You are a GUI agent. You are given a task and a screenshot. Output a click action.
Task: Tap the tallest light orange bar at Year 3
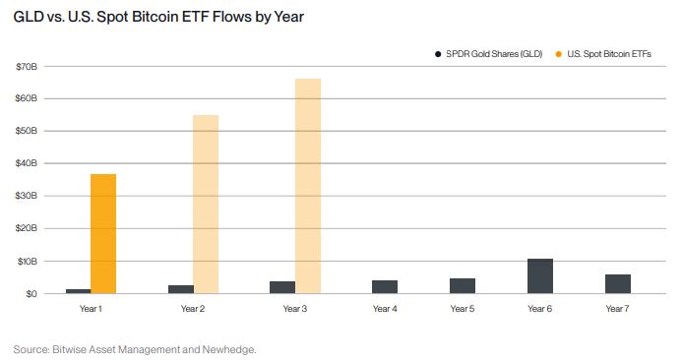(x=308, y=186)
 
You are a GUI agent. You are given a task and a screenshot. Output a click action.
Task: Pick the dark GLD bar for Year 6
(x=540, y=276)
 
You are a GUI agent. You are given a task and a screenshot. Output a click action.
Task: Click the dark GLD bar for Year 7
(x=618, y=284)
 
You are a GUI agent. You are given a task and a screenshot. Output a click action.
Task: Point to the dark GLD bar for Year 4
(x=385, y=287)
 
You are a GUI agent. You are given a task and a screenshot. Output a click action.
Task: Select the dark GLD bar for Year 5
(x=463, y=286)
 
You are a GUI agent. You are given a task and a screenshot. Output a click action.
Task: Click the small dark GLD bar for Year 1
(x=78, y=291)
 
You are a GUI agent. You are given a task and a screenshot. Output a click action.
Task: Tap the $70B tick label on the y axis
(x=26, y=67)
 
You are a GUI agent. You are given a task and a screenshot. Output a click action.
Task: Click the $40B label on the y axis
(x=26, y=163)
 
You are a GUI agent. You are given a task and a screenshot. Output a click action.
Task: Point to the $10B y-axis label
(x=26, y=261)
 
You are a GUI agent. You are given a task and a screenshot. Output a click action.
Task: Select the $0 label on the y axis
(x=31, y=293)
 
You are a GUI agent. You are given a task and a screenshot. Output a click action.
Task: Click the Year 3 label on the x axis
(x=295, y=309)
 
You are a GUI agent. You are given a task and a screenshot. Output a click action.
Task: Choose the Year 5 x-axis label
(x=463, y=309)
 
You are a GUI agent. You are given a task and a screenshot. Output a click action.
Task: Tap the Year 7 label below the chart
(x=618, y=309)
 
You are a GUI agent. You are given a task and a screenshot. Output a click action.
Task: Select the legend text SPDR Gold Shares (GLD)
(x=494, y=53)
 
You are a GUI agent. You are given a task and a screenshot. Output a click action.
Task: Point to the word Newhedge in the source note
(x=228, y=348)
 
